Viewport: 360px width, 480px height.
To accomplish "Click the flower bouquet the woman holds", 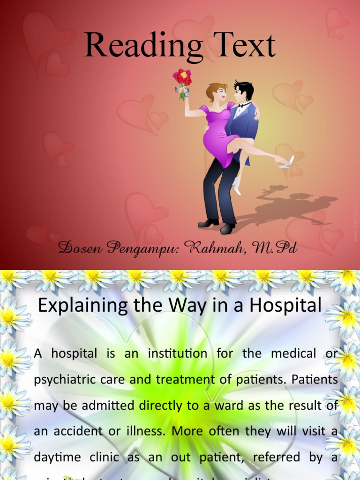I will coord(182,80).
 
